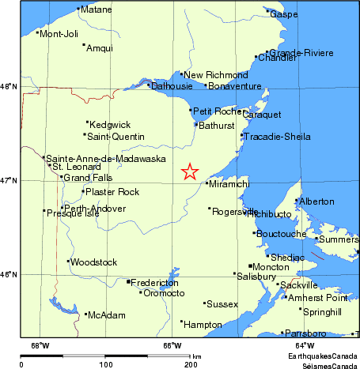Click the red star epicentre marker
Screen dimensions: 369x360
pos(189,171)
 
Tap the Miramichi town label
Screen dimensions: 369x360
pos(230,183)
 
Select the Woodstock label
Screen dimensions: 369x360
pos(93,262)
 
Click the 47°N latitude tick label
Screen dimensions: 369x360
pos(9,181)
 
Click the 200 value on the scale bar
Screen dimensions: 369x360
pos(190,365)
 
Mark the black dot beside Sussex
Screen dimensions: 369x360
pos(204,303)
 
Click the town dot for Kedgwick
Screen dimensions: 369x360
pos(87,122)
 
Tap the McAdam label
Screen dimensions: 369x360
pos(107,315)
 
